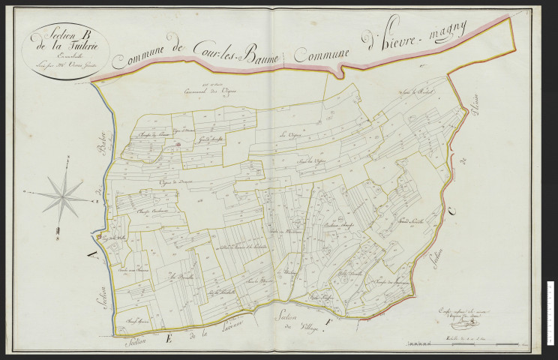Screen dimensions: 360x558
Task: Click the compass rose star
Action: coord(63,193)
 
